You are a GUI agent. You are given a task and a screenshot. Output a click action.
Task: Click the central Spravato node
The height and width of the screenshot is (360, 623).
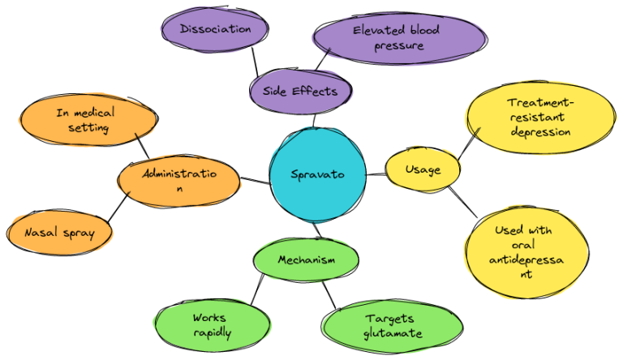tap(317, 174)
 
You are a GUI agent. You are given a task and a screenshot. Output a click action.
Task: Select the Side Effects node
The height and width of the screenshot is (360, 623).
tap(294, 90)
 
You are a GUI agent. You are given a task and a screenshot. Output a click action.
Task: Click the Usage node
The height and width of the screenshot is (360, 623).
tap(423, 170)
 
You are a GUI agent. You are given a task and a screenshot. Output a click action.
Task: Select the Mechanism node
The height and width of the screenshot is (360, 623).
tap(306, 260)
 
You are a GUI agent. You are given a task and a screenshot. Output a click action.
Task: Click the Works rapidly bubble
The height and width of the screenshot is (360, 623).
tap(213, 326)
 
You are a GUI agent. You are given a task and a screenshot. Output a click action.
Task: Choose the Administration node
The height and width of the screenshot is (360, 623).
tap(178, 181)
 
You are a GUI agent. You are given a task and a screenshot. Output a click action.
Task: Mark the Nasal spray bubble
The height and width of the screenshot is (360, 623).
tap(59, 234)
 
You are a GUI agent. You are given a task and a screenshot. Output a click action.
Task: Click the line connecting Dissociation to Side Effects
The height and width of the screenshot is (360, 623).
tap(256, 61)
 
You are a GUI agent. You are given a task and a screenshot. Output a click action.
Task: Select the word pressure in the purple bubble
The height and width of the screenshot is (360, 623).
tap(398, 45)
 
